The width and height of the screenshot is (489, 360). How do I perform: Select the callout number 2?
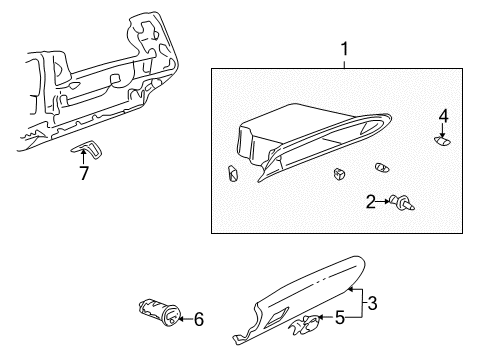coord(371,203)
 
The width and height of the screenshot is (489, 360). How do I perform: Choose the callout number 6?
coord(199,320)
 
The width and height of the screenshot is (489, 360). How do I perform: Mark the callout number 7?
coord(84,174)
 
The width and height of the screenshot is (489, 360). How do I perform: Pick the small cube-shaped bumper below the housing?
coord(339,173)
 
